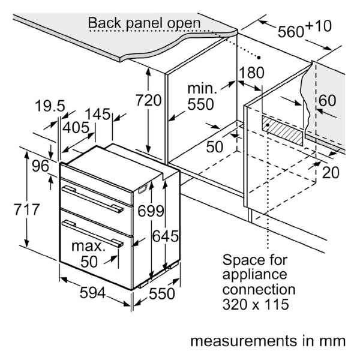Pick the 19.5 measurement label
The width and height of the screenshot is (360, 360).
click(x=50, y=106)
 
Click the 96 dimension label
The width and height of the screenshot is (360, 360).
click(x=40, y=166)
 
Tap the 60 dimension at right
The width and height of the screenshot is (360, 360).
click(x=327, y=100)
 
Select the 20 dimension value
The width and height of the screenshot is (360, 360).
click(x=331, y=172)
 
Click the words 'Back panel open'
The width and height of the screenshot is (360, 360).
click(x=144, y=23)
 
